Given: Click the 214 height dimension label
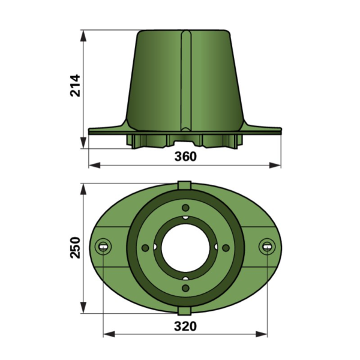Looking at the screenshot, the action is (x=76, y=85).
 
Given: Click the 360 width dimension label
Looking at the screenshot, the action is (x=185, y=157).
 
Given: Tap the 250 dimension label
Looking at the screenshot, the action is (x=76, y=247).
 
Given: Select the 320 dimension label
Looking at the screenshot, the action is (x=185, y=326).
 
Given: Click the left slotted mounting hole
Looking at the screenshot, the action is (x=103, y=247).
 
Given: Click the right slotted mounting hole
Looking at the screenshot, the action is (x=267, y=247).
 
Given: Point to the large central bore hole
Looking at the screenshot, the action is (x=185, y=248).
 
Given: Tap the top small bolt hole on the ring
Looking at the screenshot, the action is (x=185, y=208).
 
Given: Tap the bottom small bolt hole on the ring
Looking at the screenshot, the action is (x=185, y=288).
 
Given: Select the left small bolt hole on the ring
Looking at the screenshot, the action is (x=145, y=248).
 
